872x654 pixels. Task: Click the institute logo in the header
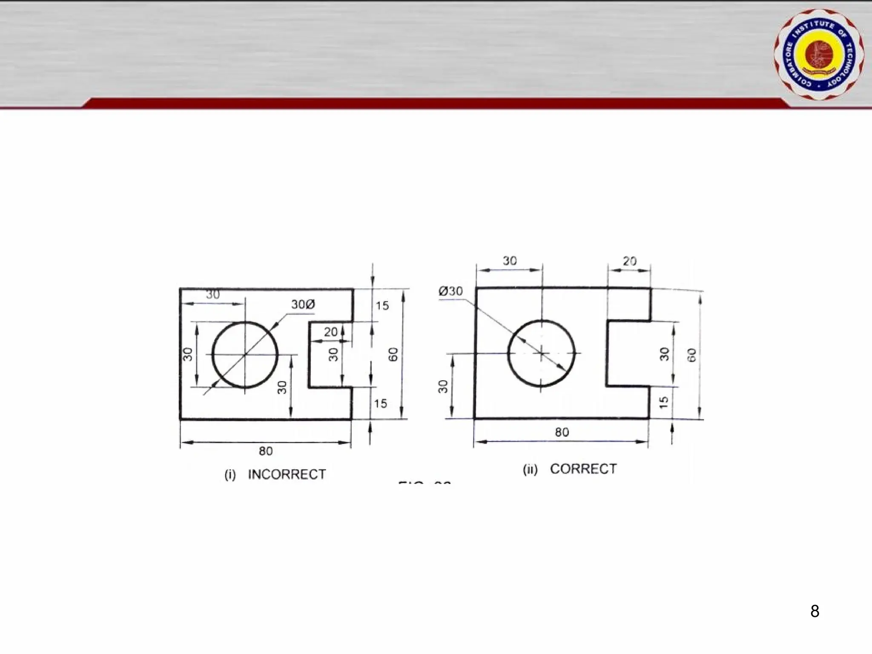click(x=819, y=54)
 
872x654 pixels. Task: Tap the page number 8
click(x=815, y=611)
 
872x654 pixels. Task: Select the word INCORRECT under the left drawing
click(x=287, y=474)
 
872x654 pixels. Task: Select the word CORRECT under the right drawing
click(x=583, y=469)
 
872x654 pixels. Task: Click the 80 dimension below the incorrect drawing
click(x=266, y=451)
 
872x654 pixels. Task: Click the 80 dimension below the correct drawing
click(x=562, y=432)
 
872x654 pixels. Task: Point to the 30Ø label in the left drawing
click(x=303, y=304)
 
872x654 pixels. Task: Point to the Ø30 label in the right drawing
click(x=450, y=291)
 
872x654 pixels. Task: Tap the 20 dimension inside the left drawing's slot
click(x=330, y=332)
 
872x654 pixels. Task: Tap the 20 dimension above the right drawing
click(x=629, y=261)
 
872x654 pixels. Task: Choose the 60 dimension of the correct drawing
click(x=692, y=355)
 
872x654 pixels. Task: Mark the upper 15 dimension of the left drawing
click(x=382, y=306)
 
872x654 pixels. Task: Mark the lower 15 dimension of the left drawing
click(x=380, y=403)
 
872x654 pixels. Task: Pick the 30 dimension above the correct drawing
click(x=509, y=261)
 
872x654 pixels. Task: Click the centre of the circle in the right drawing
click(x=541, y=353)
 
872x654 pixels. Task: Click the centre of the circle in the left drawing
click(x=245, y=354)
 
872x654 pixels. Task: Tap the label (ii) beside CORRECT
click(x=530, y=469)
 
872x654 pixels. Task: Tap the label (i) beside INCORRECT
click(x=230, y=475)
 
